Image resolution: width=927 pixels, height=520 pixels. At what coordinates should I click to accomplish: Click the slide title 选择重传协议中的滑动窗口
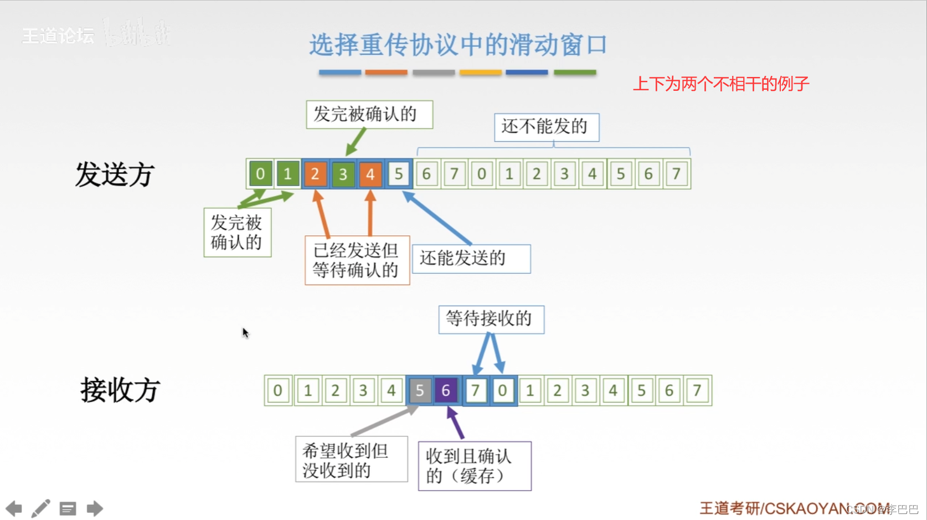click(x=458, y=45)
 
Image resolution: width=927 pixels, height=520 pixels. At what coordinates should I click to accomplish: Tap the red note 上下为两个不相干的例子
click(x=720, y=84)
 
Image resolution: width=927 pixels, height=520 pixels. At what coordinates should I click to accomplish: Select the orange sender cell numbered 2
click(x=315, y=174)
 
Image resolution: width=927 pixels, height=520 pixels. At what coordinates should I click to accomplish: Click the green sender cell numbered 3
click(x=343, y=174)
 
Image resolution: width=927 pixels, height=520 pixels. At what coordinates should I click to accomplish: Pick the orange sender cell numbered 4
click(x=370, y=174)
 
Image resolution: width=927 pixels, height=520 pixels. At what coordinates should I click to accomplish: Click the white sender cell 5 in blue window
click(x=399, y=174)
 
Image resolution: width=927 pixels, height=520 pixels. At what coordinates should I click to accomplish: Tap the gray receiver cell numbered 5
click(x=420, y=390)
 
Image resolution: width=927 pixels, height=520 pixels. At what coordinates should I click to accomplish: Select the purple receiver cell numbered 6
click(x=446, y=390)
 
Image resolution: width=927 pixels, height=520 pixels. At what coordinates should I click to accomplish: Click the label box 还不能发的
click(x=546, y=127)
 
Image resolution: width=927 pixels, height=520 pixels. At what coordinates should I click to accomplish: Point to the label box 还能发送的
click(x=471, y=259)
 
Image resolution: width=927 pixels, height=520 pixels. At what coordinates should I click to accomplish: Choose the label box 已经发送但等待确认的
click(x=357, y=260)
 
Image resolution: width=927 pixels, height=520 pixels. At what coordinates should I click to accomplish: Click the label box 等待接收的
click(x=491, y=319)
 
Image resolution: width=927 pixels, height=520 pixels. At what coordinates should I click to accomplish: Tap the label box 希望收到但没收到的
click(x=351, y=460)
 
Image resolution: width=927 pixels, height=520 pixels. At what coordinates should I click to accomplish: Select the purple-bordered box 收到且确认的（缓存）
click(x=475, y=466)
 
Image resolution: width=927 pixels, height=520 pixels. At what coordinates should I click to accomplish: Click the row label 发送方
click(x=115, y=174)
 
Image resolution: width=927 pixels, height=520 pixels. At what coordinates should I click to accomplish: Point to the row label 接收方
click(x=120, y=390)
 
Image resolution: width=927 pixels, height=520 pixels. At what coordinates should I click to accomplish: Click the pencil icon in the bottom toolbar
click(x=40, y=508)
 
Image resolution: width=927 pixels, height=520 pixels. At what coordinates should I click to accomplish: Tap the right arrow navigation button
click(x=95, y=508)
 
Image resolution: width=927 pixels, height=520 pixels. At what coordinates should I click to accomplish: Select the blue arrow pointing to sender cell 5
click(x=437, y=218)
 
